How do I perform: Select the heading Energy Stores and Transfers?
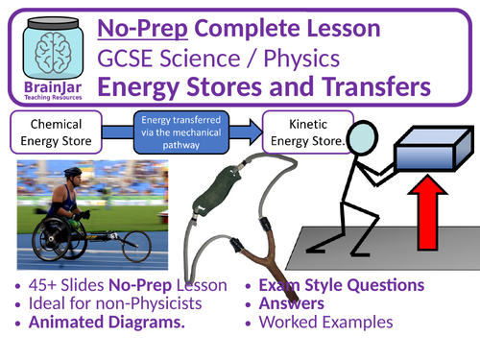286,88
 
